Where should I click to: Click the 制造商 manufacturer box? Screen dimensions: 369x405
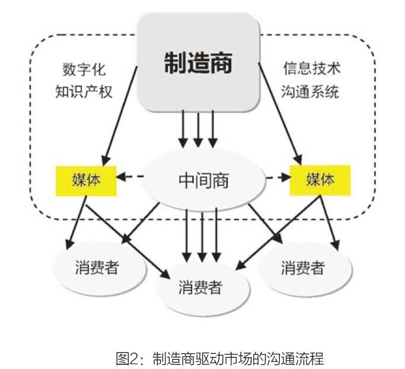point(199,63)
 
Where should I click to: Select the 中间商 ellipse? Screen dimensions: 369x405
point(203,179)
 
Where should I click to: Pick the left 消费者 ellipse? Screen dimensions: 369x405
point(97,268)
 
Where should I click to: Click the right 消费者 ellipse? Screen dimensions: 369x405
point(302,268)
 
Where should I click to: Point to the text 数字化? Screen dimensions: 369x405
point(84,69)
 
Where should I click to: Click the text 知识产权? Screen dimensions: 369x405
point(84,92)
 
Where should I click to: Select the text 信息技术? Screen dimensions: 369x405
point(311,69)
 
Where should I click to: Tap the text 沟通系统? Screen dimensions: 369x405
point(311,92)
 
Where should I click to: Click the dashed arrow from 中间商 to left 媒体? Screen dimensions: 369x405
point(130,177)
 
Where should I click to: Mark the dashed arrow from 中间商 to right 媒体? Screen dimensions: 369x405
point(275,177)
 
